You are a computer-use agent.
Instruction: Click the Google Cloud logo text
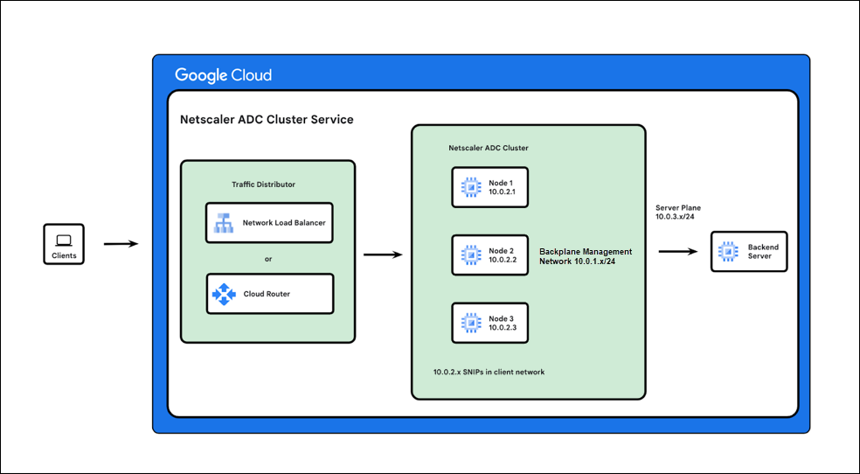click(x=224, y=75)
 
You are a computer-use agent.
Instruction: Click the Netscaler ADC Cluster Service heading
click(x=267, y=119)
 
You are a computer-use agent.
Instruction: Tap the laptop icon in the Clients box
click(x=64, y=240)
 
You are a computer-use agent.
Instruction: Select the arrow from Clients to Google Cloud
click(x=121, y=244)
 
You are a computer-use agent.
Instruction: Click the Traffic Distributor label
click(x=263, y=185)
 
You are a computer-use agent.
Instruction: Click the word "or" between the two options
click(x=268, y=258)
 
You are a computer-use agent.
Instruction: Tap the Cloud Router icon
click(x=225, y=294)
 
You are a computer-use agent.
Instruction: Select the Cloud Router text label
click(x=267, y=294)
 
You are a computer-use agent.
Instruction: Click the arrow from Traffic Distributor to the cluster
click(x=382, y=254)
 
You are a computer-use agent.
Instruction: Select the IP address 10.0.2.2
click(x=503, y=260)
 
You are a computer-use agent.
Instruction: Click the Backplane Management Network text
click(x=585, y=256)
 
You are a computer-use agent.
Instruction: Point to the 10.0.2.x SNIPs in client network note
click(x=489, y=372)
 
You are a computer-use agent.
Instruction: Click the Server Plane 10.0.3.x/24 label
click(x=678, y=212)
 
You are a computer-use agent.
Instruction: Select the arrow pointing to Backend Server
click(x=677, y=252)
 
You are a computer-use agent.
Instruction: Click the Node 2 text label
click(x=501, y=250)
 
